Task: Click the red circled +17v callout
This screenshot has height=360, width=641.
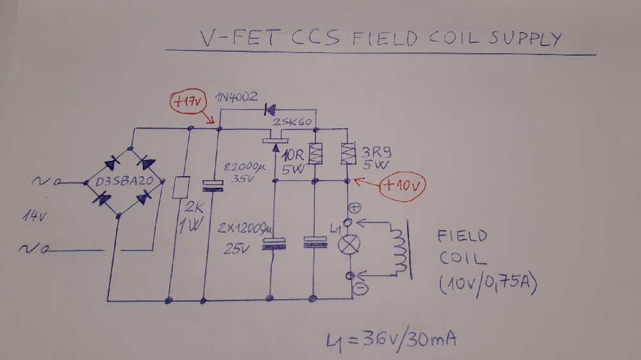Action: pyautogui.click(x=187, y=101)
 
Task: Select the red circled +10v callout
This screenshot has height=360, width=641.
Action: pyautogui.click(x=402, y=186)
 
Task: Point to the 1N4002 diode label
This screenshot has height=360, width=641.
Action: pyautogui.click(x=237, y=97)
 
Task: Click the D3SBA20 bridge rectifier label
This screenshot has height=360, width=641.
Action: pyautogui.click(x=122, y=181)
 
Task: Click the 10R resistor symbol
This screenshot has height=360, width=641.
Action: pyautogui.click(x=315, y=154)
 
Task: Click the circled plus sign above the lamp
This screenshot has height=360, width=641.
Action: pyautogui.click(x=350, y=208)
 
